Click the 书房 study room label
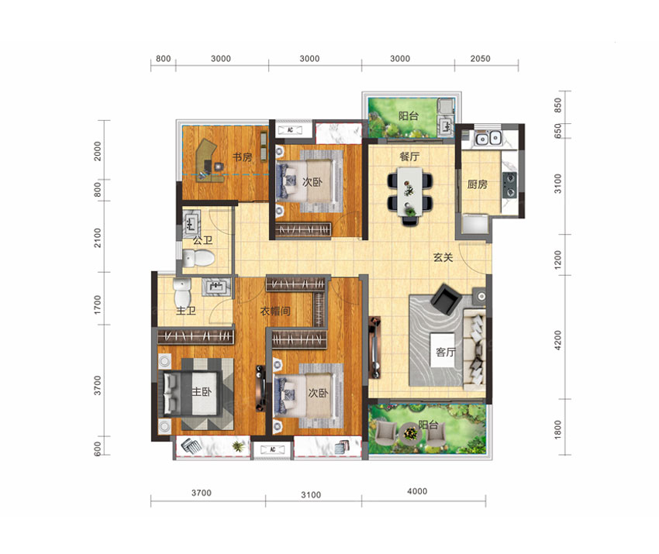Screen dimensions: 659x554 [x=243, y=157]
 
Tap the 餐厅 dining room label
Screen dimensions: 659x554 [x=409, y=157]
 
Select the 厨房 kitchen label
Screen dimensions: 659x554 [x=478, y=184]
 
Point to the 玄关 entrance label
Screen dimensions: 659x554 [x=443, y=257]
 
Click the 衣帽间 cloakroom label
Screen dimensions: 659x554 [x=275, y=311]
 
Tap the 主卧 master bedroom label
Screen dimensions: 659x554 [x=202, y=391]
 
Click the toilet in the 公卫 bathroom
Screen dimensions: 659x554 [x=198, y=258]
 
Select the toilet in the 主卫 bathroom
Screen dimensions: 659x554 [x=182, y=292]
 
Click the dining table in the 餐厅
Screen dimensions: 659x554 [x=410, y=191]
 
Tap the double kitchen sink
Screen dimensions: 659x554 [x=488, y=138]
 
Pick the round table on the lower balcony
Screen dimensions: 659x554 [x=411, y=433]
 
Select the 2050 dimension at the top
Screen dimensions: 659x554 [x=480, y=59]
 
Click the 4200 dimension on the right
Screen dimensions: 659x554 [x=557, y=340]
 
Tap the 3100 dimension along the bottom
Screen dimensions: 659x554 [x=311, y=495]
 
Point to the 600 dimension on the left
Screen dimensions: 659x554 [x=98, y=449]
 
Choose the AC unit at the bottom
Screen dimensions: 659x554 [x=272, y=449]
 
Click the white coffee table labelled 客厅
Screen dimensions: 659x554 [x=443, y=350]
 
